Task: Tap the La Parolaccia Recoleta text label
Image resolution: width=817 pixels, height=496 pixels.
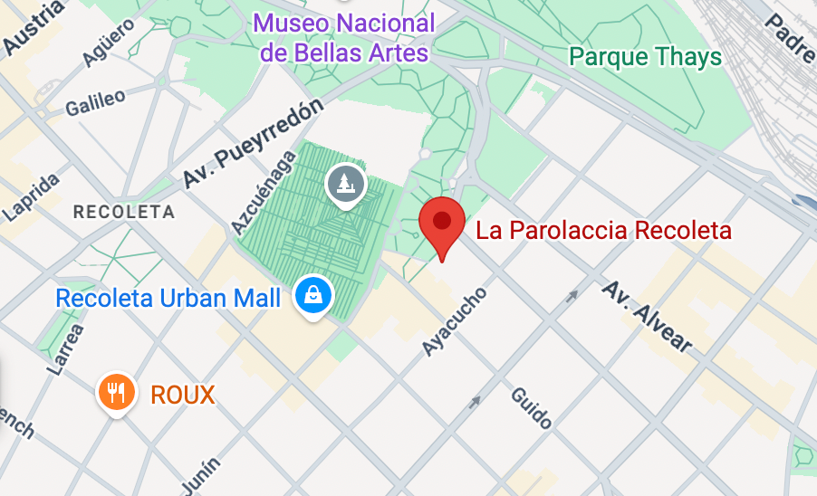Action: click(603, 230)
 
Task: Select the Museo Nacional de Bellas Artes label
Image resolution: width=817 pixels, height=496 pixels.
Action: click(344, 37)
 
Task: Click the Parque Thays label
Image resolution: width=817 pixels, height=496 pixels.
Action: click(645, 57)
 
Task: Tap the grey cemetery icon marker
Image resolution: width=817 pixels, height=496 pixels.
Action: click(345, 185)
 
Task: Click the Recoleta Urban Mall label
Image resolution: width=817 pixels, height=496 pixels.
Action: click(168, 297)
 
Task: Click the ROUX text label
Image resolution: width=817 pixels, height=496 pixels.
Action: click(183, 395)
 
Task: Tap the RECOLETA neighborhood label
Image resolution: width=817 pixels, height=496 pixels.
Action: click(122, 212)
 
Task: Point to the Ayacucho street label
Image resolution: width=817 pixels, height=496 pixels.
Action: click(455, 321)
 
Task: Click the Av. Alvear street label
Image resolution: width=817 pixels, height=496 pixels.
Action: click(648, 316)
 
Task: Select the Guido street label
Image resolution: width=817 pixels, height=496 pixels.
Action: click(531, 408)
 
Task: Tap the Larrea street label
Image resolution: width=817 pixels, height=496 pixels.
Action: click(69, 347)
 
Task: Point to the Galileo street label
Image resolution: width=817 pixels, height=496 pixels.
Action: click(95, 102)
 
